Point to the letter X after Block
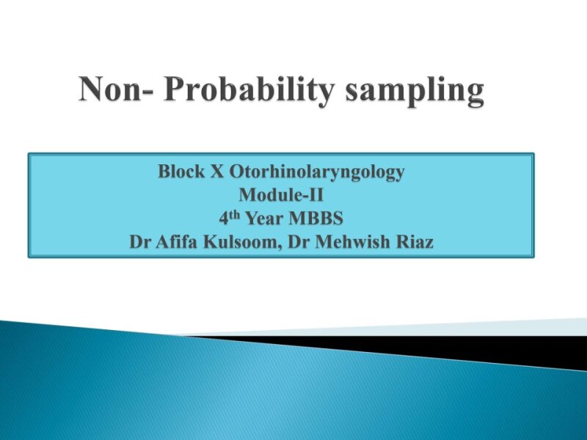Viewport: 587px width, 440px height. pos(219,172)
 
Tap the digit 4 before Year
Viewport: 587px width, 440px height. pos(223,219)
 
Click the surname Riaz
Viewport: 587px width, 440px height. pos(415,241)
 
